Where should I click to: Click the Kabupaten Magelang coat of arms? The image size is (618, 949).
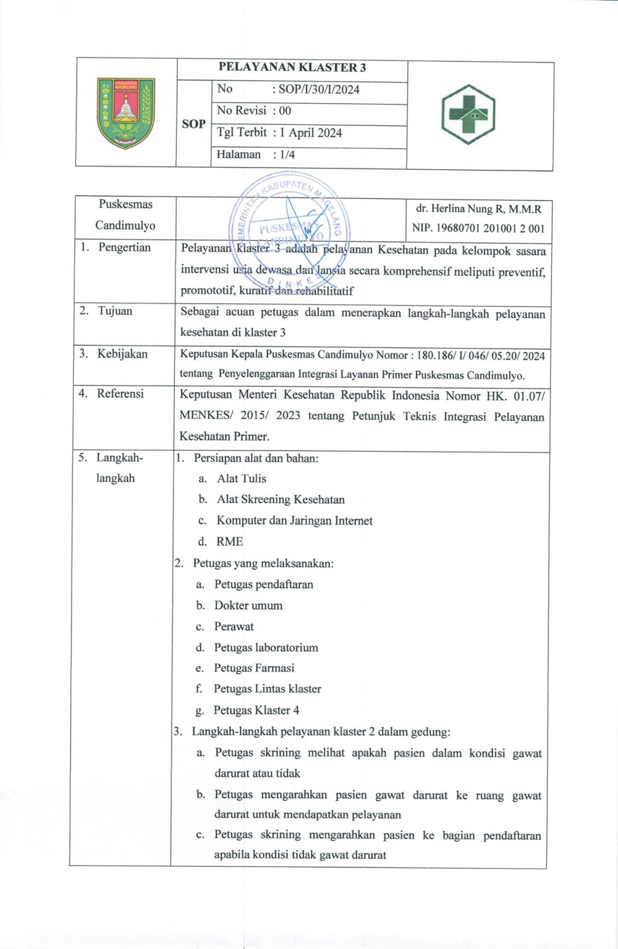pos(126,113)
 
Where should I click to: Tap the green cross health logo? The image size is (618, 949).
pos(468,114)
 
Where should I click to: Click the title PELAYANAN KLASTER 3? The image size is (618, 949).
pos(292,68)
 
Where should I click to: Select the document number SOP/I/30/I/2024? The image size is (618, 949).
pos(319,90)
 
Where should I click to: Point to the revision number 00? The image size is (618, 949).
pos(285,111)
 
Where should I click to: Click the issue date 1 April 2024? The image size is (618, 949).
pos(311,133)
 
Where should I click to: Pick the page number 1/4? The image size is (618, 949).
pos(287,155)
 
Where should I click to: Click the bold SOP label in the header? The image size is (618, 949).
pos(193,124)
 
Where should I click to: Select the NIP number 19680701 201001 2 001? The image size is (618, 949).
pos(478,229)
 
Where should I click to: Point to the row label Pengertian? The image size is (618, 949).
pos(124,248)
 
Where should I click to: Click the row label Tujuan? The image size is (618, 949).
pos(115,311)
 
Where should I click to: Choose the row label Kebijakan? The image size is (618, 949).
pos(122,354)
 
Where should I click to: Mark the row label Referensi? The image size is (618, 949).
pos(120,394)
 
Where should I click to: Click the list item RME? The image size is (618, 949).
pos(229,542)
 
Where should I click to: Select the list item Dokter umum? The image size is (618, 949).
pos(248,605)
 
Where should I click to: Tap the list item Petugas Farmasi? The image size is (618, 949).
pos(254,668)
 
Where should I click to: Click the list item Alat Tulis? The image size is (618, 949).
pos(241,479)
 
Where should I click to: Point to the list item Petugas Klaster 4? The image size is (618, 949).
pos(256,711)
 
